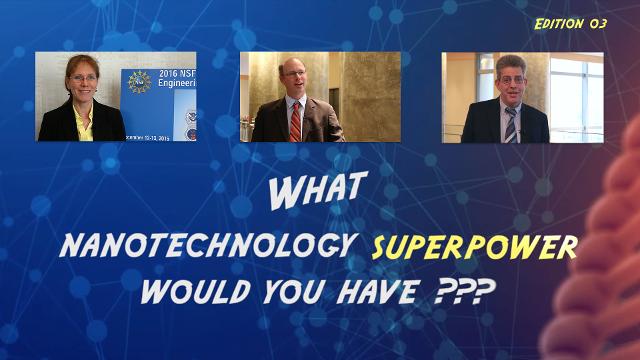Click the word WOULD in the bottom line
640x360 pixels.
coord(192,292)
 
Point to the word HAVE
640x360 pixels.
coord(385,292)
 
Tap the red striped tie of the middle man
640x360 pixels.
coord(295,120)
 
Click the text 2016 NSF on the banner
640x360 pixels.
coord(179,73)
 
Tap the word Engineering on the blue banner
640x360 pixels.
coord(179,85)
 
